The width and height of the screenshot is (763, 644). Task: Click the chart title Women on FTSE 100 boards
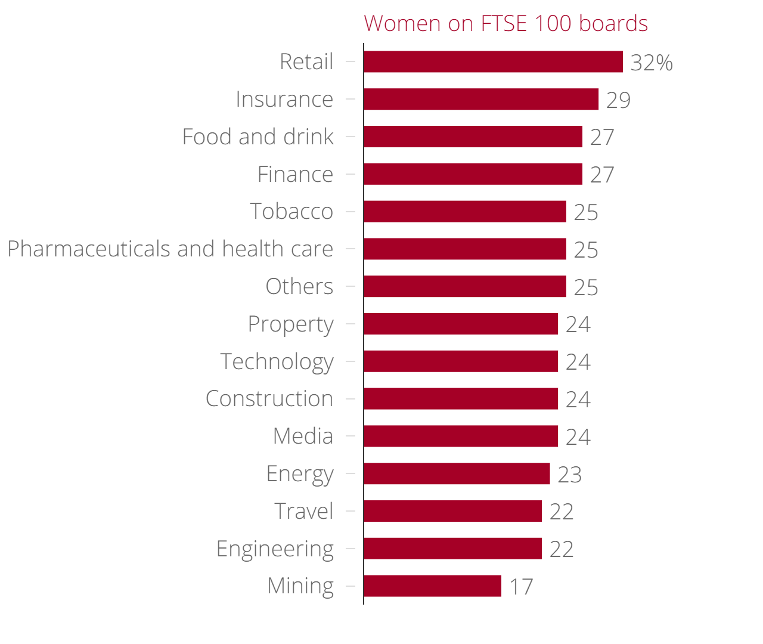(505, 24)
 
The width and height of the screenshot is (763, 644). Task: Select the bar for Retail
(493, 62)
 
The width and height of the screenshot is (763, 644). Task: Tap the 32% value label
(652, 63)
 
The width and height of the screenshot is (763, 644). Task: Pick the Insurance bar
(481, 100)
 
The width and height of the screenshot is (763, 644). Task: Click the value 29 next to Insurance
(618, 100)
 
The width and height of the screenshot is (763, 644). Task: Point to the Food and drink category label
(258, 137)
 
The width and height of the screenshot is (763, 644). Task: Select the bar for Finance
(473, 174)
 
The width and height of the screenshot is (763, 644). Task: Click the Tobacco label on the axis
(291, 212)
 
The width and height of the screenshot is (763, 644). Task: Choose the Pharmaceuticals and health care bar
(465, 249)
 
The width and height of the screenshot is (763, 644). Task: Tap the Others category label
(299, 287)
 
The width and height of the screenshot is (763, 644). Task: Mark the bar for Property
(461, 324)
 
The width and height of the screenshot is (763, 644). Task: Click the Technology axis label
(277, 362)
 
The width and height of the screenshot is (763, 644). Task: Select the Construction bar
(461, 399)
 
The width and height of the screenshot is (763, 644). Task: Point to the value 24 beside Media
(578, 437)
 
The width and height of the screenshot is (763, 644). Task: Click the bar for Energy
(457, 474)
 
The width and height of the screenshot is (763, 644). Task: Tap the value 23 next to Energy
(569, 475)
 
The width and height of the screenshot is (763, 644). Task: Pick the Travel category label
(303, 512)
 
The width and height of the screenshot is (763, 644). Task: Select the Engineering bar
(452, 549)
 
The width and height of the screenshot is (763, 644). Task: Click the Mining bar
(432, 586)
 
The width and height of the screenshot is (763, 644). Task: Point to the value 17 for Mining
(521, 587)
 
